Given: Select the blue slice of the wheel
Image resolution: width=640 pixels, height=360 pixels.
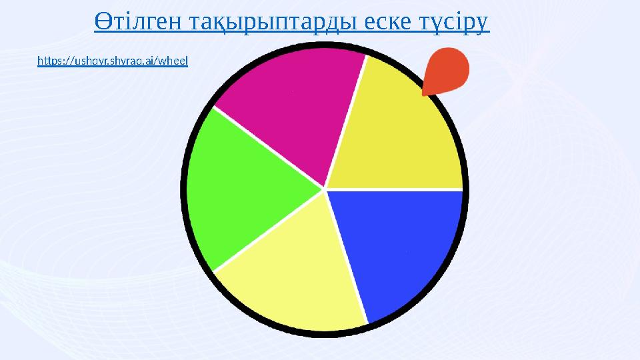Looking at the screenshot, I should click(400, 247).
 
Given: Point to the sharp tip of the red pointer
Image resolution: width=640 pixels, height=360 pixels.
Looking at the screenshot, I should click(423, 95).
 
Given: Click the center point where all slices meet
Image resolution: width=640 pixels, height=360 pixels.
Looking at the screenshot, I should click(325, 189).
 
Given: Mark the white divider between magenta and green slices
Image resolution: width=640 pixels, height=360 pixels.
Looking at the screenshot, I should click(267, 147).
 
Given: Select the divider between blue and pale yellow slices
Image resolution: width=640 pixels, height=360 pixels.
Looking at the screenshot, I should click(347, 257).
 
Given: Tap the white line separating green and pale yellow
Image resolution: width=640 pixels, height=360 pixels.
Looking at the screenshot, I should click(267, 232).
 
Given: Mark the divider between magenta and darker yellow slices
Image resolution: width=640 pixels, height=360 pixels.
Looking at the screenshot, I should click(347, 120).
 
